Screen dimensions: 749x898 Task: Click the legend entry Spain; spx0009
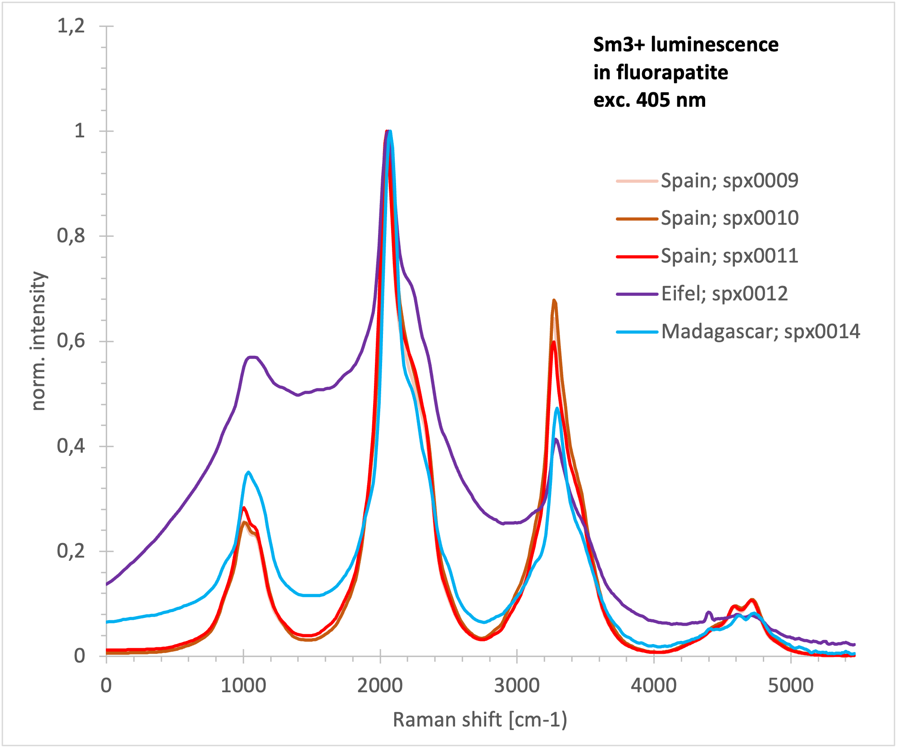[729, 181]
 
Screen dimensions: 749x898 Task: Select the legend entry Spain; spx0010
[729, 218]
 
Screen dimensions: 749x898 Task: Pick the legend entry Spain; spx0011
[729, 256]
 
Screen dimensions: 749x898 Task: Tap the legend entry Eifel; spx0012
[724, 294]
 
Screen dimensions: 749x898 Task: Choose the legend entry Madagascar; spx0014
[760, 331]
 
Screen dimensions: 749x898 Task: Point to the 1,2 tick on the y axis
[71, 26]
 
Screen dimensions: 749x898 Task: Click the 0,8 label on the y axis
[71, 236]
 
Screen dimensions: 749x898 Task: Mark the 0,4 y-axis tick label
[71, 446]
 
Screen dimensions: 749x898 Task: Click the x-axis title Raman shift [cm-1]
[480, 720]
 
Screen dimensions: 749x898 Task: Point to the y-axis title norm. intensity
[39, 341]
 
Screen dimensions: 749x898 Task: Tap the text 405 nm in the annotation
[671, 100]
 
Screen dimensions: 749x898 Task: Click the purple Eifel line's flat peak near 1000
[252, 357]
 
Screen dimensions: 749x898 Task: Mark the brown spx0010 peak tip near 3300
[554, 300]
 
